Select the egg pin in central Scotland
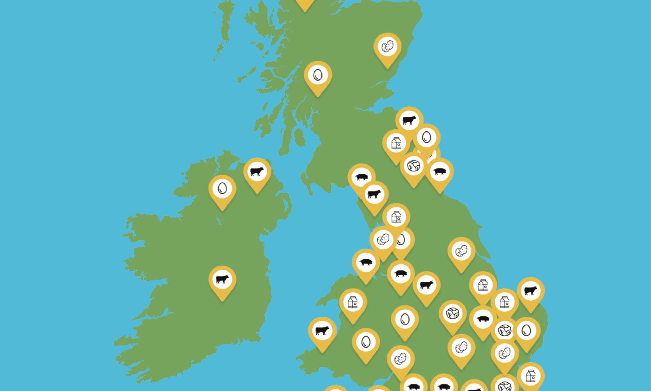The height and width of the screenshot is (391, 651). (x=318, y=75)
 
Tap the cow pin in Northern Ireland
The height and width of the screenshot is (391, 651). (x=257, y=172)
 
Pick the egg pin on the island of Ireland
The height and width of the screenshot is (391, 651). (x=222, y=189)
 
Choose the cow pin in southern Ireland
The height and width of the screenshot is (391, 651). (x=222, y=280)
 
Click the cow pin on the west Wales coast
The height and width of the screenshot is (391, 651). (x=322, y=331)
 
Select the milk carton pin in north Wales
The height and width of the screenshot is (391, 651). (x=353, y=302)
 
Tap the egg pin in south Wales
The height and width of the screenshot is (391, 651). (x=366, y=342)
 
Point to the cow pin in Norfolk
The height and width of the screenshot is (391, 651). (x=530, y=291)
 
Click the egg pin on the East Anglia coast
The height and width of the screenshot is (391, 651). (x=526, y=331)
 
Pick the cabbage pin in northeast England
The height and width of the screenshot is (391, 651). (x=413, y=166)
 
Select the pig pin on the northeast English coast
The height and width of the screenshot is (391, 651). (x=439, y=172)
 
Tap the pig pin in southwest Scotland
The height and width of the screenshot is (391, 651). (x=361, y=177)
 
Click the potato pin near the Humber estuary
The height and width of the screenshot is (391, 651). (x=461, y=251)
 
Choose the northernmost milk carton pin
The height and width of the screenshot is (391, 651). (x=396, y=143)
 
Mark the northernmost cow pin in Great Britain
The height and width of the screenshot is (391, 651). (x=409, y=120)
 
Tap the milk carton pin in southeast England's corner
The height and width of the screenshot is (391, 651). (x=530, y=376)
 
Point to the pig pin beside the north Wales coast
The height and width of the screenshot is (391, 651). (x=366, y=262)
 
